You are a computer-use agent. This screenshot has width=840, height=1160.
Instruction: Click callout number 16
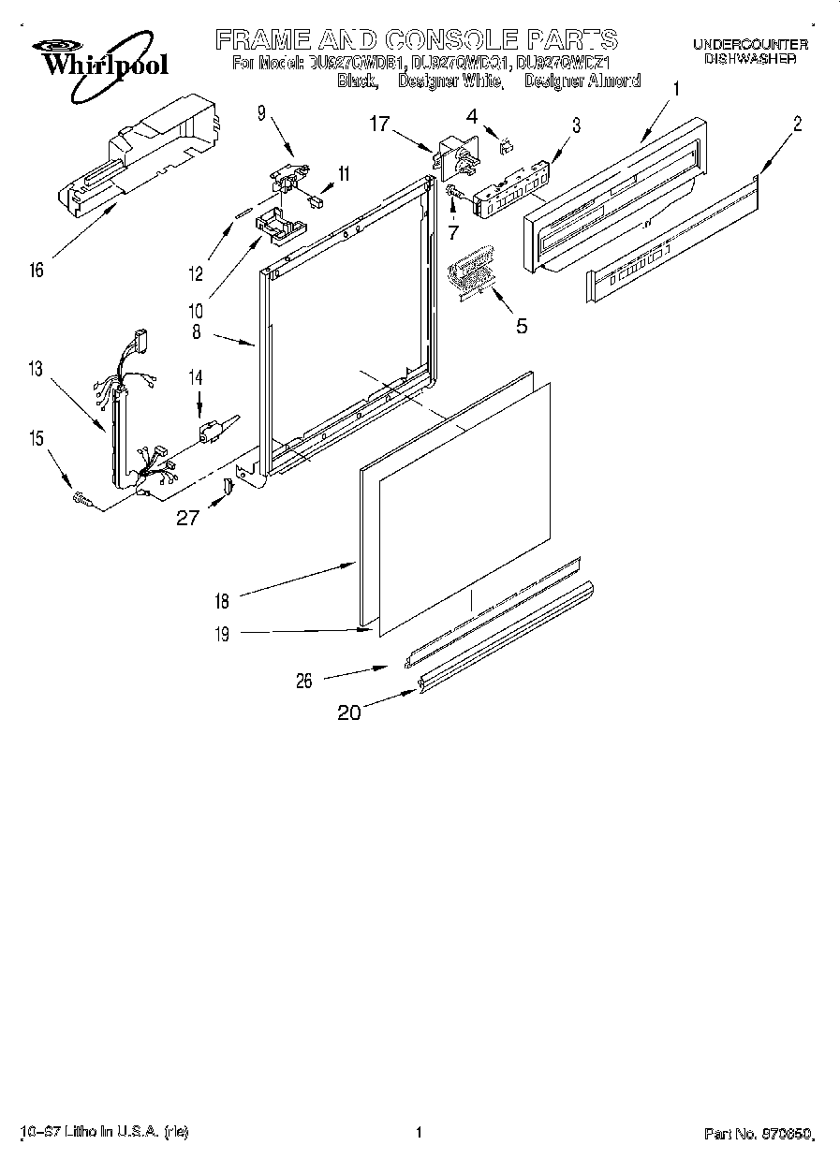[x=37, y=271]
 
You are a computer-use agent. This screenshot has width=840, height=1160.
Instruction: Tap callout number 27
[x=188, y=516]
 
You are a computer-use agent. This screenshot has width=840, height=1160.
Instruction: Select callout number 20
[x=348, y=712]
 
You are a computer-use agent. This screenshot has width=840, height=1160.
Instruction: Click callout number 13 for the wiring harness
[x=35, y=369]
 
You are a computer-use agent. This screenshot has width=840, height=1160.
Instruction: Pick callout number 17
[x=378, y=123]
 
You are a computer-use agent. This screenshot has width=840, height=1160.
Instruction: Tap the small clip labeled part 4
[x=507, y=143]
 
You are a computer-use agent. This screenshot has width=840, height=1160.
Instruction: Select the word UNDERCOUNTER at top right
[x=750, y=44]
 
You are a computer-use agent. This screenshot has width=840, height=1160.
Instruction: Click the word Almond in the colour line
[x=615, y=81]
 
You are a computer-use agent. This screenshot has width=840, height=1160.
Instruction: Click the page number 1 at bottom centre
[x=419, y=1132]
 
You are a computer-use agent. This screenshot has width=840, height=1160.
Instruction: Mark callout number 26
[x=304, y=681]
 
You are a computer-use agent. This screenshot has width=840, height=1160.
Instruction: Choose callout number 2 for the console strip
[x=797, y=122]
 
